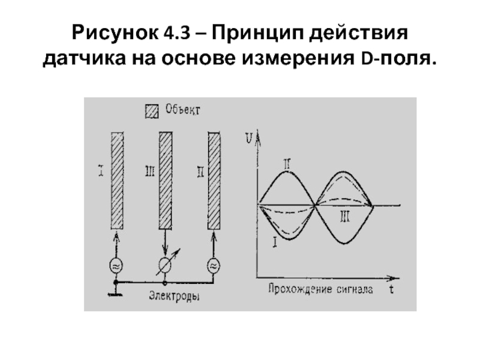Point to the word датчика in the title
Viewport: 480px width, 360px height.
click(79, 59)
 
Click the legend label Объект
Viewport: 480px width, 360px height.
click(181, 110)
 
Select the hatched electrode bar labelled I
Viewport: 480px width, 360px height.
click(117, 180)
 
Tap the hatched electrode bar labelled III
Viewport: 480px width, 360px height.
click(165, 180)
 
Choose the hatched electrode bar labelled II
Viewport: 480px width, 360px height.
click(214, 180)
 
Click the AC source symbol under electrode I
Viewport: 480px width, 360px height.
click(116, 265)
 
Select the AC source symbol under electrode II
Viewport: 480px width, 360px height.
click(214, 265)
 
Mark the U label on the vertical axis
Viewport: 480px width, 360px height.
click(248, 139)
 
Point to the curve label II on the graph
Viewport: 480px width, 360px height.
click(287, 162)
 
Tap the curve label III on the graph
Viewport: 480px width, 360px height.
click(344, 217)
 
